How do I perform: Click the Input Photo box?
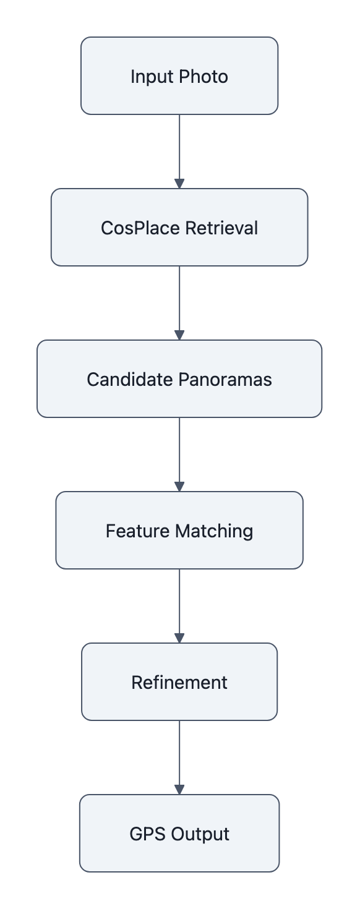(x=179, y=76)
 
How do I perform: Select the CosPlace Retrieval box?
(x=179, y=228)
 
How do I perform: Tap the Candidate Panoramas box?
(x=179, y=379)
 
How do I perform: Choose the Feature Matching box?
(x=179, y=531)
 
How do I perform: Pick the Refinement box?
(x=179, y=682)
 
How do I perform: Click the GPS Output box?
(x=179, y=834)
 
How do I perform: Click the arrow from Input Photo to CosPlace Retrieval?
(x=179, y=151)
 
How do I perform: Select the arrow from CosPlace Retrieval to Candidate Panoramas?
(x=179, y=302)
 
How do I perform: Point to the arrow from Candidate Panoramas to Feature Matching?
(x=179, y=454)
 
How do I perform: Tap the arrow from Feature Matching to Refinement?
(x=179, y=605)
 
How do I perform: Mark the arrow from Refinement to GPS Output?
(x=179, y=757)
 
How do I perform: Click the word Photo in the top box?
(x=204, y=77)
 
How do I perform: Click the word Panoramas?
(x=226, y=380)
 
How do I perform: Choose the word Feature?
(x=138, y=531)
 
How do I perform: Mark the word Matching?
(x=214, y=531)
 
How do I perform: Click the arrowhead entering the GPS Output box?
(x=179, y=790)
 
